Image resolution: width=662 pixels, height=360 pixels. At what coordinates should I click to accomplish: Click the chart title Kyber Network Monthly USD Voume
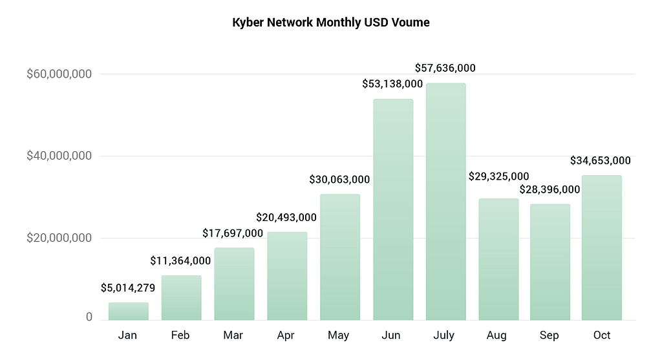(330, 23)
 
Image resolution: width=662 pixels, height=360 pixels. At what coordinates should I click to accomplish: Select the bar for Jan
(128, 312)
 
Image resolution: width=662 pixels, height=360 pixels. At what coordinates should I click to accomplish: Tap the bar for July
(445, 202)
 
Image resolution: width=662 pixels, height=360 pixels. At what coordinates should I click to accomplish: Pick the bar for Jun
(393, 209)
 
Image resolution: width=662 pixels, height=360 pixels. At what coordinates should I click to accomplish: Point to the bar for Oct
(601, 248)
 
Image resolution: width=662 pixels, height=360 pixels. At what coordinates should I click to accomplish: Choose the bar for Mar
(234, 284)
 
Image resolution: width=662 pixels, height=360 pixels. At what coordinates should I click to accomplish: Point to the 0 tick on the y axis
(89, 317)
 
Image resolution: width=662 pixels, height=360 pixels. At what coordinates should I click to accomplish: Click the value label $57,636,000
(445, 68)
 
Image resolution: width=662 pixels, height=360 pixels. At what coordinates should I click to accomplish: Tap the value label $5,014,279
(128, 288)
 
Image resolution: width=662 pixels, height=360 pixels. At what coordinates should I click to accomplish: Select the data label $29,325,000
(498, 176)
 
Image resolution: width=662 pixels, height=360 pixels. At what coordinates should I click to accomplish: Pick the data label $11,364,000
(180, 260)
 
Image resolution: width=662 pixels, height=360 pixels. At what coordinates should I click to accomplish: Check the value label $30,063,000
(339, 179)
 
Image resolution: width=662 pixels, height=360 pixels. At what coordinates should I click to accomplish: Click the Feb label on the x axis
(180, 335)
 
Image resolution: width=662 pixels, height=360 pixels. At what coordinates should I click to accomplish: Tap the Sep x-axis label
(550, 335)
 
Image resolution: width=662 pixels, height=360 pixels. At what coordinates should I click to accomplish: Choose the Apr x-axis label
(286, 335)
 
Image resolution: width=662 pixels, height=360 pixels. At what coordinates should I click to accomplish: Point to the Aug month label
(497, 335)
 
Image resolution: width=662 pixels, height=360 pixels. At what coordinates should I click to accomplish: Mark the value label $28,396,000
(550, 189)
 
